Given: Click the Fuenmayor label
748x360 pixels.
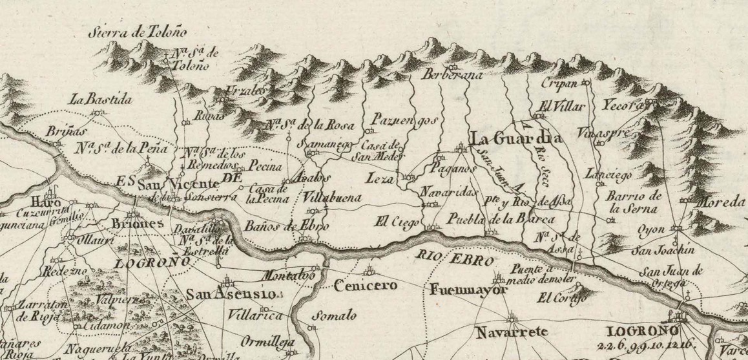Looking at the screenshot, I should [466, 291].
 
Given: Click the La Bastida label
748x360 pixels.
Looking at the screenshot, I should [102, 100].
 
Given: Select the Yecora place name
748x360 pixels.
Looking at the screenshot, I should [624, 106].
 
